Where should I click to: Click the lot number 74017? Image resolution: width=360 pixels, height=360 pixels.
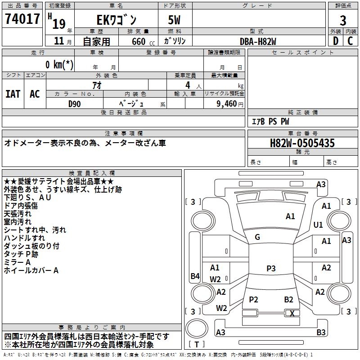(x=22, y=19)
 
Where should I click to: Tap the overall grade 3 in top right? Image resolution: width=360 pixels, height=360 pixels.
(x=343, y=21)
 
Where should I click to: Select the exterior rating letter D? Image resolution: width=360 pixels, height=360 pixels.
(x=336, y=41)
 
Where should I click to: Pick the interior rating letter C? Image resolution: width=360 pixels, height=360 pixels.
(x=350, y=41)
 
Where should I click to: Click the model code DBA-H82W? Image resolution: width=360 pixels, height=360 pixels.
(x=258, y=41)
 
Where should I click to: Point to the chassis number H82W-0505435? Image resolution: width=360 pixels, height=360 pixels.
(x=302, y=143)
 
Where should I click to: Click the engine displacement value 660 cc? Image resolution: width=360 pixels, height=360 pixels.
(x=143, y=42)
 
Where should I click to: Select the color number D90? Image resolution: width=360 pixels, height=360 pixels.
(x=74, y=104)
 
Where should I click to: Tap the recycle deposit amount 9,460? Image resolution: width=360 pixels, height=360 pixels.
(x=229, y=104)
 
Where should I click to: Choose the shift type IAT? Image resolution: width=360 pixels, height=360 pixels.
(x=13, y=94)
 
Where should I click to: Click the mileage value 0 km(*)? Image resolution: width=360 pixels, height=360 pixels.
(x=59, y=64)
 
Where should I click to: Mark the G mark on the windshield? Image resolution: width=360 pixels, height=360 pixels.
(x=257, y=237)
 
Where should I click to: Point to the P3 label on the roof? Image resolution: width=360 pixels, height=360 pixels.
(x=271, y=268)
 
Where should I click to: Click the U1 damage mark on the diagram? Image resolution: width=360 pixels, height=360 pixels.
(x=318, y=225)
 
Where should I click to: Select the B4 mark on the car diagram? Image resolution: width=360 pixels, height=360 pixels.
(x=195, y=276)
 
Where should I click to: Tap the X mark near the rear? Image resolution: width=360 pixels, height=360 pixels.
(x=292, y=313)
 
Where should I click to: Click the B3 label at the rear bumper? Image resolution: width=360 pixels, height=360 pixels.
(x=321, y=332)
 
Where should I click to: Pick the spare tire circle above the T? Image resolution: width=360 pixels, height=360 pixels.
(x=197, y=328)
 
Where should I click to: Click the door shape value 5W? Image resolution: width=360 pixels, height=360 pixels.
(x=174, y=20)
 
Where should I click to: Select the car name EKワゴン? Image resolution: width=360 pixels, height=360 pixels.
(x=117, y=20)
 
